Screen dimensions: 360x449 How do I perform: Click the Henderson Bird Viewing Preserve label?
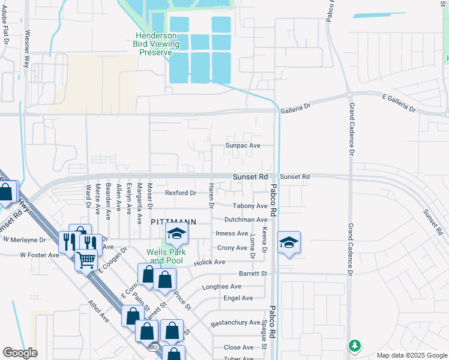[x=157, y=44]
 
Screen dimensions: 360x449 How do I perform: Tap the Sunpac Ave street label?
[x=243, y=146]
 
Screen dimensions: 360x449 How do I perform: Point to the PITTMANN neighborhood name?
[x=173, y=221]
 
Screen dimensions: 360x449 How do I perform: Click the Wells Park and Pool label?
[x=168, y=256]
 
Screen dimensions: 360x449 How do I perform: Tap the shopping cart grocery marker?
[x=86, y=260]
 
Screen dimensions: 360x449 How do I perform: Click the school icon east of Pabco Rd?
[x=289, y=242]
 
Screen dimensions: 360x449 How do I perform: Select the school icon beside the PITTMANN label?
[x=176, y=235]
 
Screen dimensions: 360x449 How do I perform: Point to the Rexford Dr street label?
[x=181, y=193]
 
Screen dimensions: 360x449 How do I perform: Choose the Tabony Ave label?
[x=246, y=206]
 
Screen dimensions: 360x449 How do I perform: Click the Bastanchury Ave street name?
[x=235, y=323]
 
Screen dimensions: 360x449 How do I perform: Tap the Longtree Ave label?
[x=225, y=287]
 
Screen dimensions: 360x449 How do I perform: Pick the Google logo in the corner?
[x=20, y=353]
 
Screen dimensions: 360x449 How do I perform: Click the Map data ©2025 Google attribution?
[x=411, y=355]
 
